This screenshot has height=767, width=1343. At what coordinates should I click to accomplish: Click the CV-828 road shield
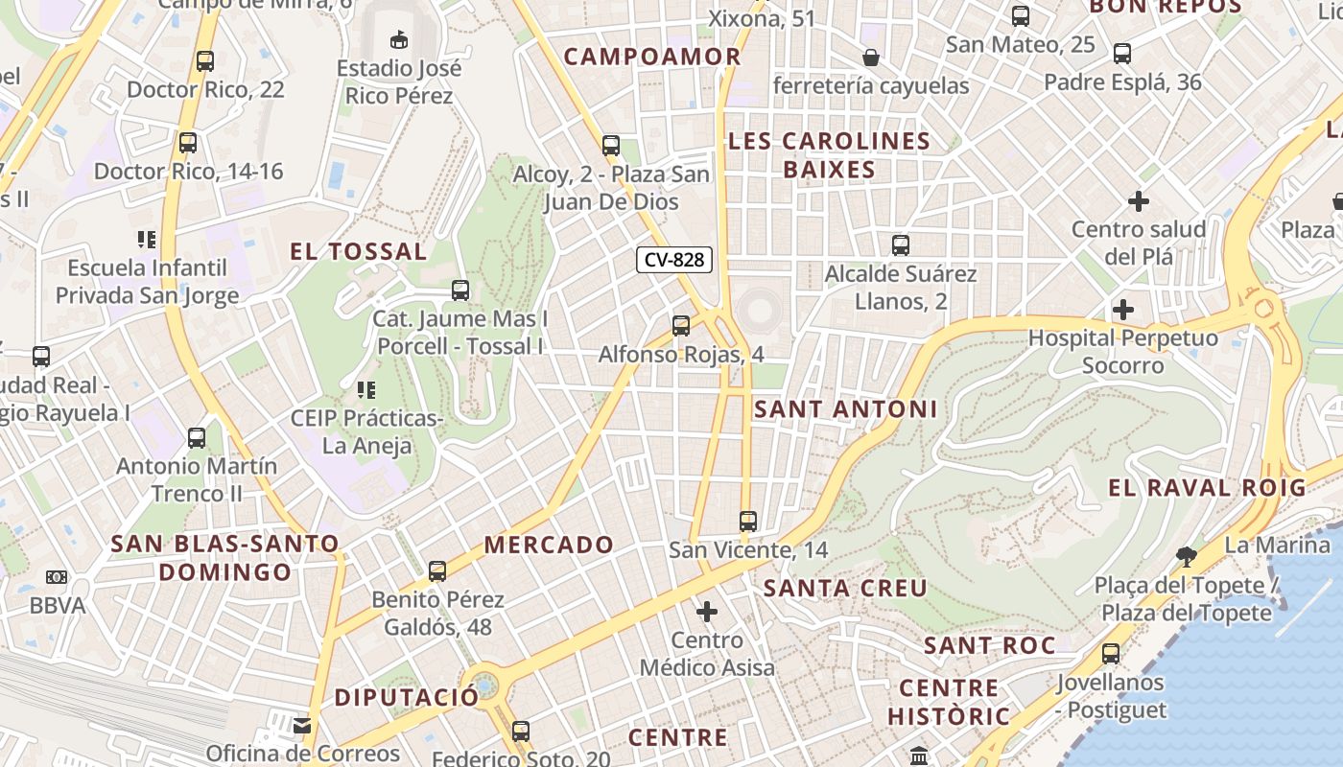(674, 260)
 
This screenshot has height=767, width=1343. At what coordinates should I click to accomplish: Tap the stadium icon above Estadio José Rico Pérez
(399, 39)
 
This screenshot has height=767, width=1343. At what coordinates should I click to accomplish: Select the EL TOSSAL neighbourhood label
(358, 252)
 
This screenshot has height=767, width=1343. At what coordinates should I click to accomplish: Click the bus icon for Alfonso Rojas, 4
(681, 326)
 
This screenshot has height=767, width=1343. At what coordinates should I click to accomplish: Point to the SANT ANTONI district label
(845, 409)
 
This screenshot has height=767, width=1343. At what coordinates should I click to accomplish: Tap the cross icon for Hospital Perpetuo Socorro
(1122, 310)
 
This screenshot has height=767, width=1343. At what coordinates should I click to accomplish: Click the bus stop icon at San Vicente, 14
(748, 522)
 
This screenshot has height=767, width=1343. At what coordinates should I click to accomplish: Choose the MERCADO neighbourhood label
(548, 546)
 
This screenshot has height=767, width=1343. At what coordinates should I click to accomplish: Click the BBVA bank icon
(57, 577)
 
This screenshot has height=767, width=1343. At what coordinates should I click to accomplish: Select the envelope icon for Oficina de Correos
(303, 725)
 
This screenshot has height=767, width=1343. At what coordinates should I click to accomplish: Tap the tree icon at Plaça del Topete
(1187, 556)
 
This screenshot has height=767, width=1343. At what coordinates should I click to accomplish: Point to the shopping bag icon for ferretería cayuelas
(871, 58)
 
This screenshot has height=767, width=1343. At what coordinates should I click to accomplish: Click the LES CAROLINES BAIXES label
(829, 155)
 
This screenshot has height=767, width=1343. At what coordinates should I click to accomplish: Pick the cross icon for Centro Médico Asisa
(707, 612)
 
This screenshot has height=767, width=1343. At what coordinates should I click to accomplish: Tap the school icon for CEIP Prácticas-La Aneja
(365, 390)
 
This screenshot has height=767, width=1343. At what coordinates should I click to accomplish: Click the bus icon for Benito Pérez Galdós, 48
(437, 571)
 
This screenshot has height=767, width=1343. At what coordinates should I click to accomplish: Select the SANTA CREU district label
(845, 588)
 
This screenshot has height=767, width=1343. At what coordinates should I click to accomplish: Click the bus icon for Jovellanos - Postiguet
(1111, 654)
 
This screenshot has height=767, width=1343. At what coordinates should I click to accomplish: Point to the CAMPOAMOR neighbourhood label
(652, 57)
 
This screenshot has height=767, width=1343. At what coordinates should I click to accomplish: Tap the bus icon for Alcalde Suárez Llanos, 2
(901, 245)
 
